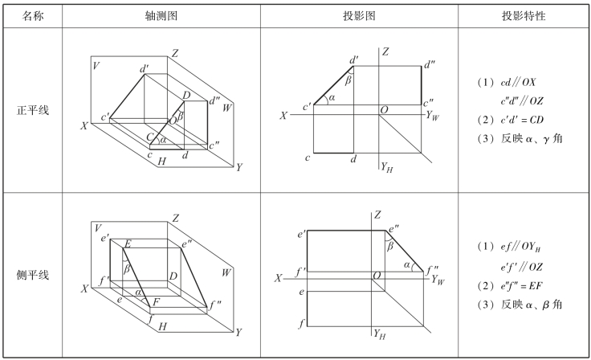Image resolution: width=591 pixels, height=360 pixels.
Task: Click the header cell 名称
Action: pyautogui.click(x=33, y=15)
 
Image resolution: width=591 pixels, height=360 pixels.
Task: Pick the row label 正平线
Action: pyautogui.click(x=33, y=109)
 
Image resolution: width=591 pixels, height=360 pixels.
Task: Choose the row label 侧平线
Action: pyautogui.click(x=33, y=275)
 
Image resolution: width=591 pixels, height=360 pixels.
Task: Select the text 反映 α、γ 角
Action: pyautogui.click(x=522, y=139)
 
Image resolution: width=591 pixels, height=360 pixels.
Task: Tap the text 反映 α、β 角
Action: pyautogui.click(x=522, y=304)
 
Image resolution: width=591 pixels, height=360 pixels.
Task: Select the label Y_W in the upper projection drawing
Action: pyautogui.click(x=434, y=116)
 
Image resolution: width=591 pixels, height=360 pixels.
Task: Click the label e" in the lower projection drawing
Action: pyautogui.click(x=393, y=230)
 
